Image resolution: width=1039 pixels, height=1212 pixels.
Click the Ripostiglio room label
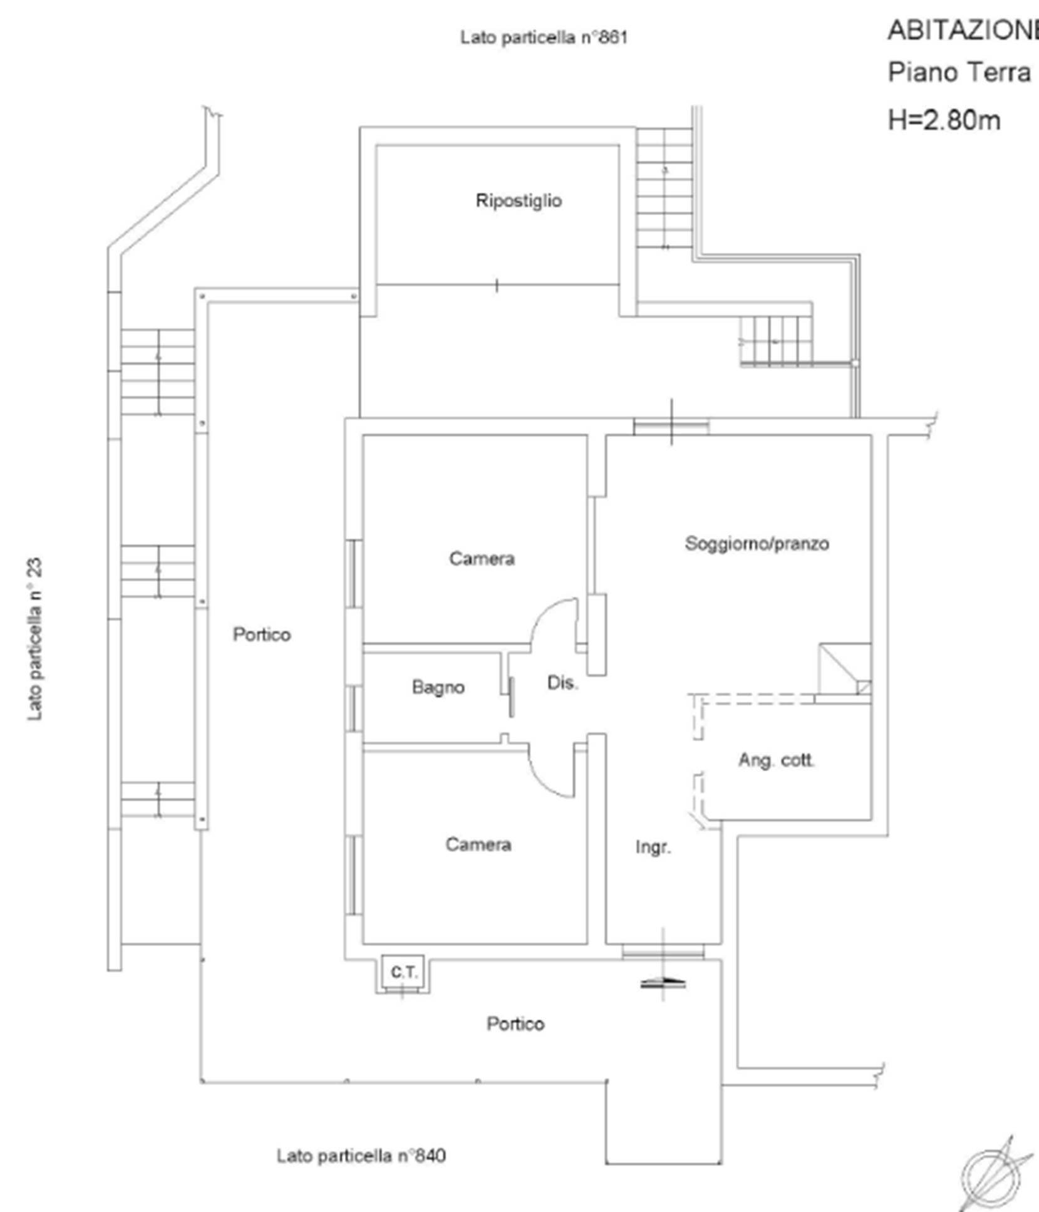click(x=519, y=201)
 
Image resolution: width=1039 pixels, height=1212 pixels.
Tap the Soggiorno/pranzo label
click(x=757, y=543)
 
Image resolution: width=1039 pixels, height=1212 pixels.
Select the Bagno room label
click(x=438, y=687)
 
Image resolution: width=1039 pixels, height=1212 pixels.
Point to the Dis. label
click(x=562, y=682)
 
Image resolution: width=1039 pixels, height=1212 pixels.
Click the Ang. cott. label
click(x=777, y=760)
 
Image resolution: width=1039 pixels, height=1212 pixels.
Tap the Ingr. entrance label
click(x=653, y=847)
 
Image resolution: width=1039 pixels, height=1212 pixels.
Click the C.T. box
click(x=403, y=973)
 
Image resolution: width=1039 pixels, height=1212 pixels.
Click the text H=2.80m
click(x=944, y=120)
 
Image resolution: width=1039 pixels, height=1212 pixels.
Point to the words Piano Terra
click(x=959, y=72)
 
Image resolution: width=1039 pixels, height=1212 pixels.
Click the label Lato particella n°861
click(x=544, y=37)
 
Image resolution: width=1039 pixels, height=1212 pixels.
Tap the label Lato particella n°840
click(x=361, y=1156)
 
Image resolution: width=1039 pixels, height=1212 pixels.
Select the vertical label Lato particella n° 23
click(x=34, y=639)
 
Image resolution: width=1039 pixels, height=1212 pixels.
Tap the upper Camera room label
click(x=482, y=558)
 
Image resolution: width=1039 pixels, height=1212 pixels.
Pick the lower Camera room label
click(x=478, y=844)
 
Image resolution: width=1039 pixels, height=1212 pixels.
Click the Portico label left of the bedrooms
click(x=262, y=634)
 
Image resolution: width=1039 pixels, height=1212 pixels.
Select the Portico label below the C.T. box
click(x=515, y=1024)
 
